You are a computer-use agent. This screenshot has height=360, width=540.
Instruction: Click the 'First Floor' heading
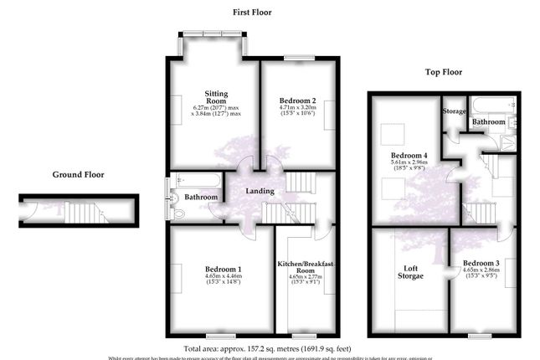coord(252,13)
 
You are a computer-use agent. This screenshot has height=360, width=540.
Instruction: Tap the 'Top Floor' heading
coord(444,73)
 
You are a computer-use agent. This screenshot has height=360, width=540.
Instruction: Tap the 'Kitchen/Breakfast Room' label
coord(306,268)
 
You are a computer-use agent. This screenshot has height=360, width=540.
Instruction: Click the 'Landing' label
coord(260,192)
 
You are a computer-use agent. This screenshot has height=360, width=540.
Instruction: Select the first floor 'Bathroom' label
coord(202,198)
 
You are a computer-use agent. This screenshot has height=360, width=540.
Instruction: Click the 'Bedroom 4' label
coord(409,156)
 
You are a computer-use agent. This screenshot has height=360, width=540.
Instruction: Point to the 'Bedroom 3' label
coord(481,264)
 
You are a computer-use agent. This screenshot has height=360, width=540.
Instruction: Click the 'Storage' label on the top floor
coord(454,111)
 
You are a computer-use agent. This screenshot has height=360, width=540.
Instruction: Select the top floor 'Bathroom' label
coord(489,122)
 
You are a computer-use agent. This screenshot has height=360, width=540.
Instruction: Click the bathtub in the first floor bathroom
coord(198,180)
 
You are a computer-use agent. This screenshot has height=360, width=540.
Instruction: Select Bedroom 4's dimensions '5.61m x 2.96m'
coord(409,165)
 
